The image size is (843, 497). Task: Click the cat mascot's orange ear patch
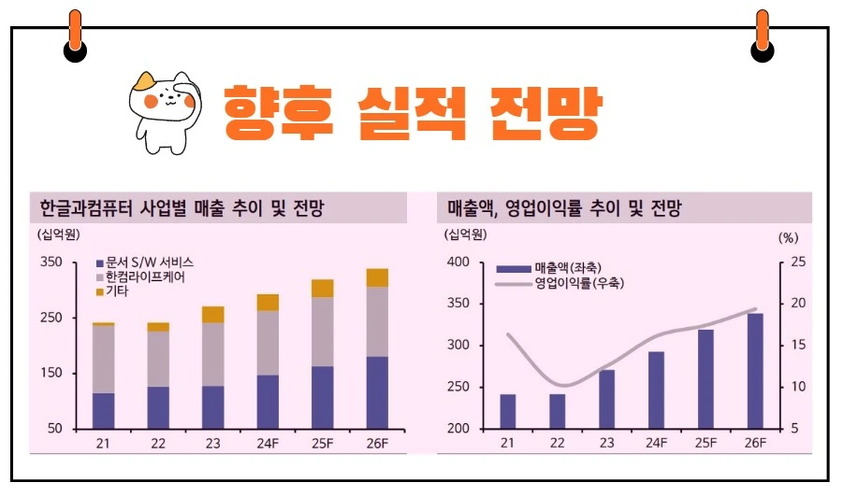coord(145,80)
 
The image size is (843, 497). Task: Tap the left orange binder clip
coord(75,34)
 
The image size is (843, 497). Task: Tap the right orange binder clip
coord(763,34)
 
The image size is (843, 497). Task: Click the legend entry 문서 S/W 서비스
coord(149,263)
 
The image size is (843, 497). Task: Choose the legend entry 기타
coord(117,291)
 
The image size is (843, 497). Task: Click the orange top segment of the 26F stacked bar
coord(377,277)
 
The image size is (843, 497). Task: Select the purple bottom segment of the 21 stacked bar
coord(104,410)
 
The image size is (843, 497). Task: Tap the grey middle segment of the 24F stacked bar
coord(268,342)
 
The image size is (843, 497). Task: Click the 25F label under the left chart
coord(322,444)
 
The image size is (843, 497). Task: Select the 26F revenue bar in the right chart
coord(755,371)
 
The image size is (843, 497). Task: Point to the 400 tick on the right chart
coord(457,263)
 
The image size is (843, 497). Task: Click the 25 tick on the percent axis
coord(798,263)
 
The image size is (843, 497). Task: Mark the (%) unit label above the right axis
coord(788,237)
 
